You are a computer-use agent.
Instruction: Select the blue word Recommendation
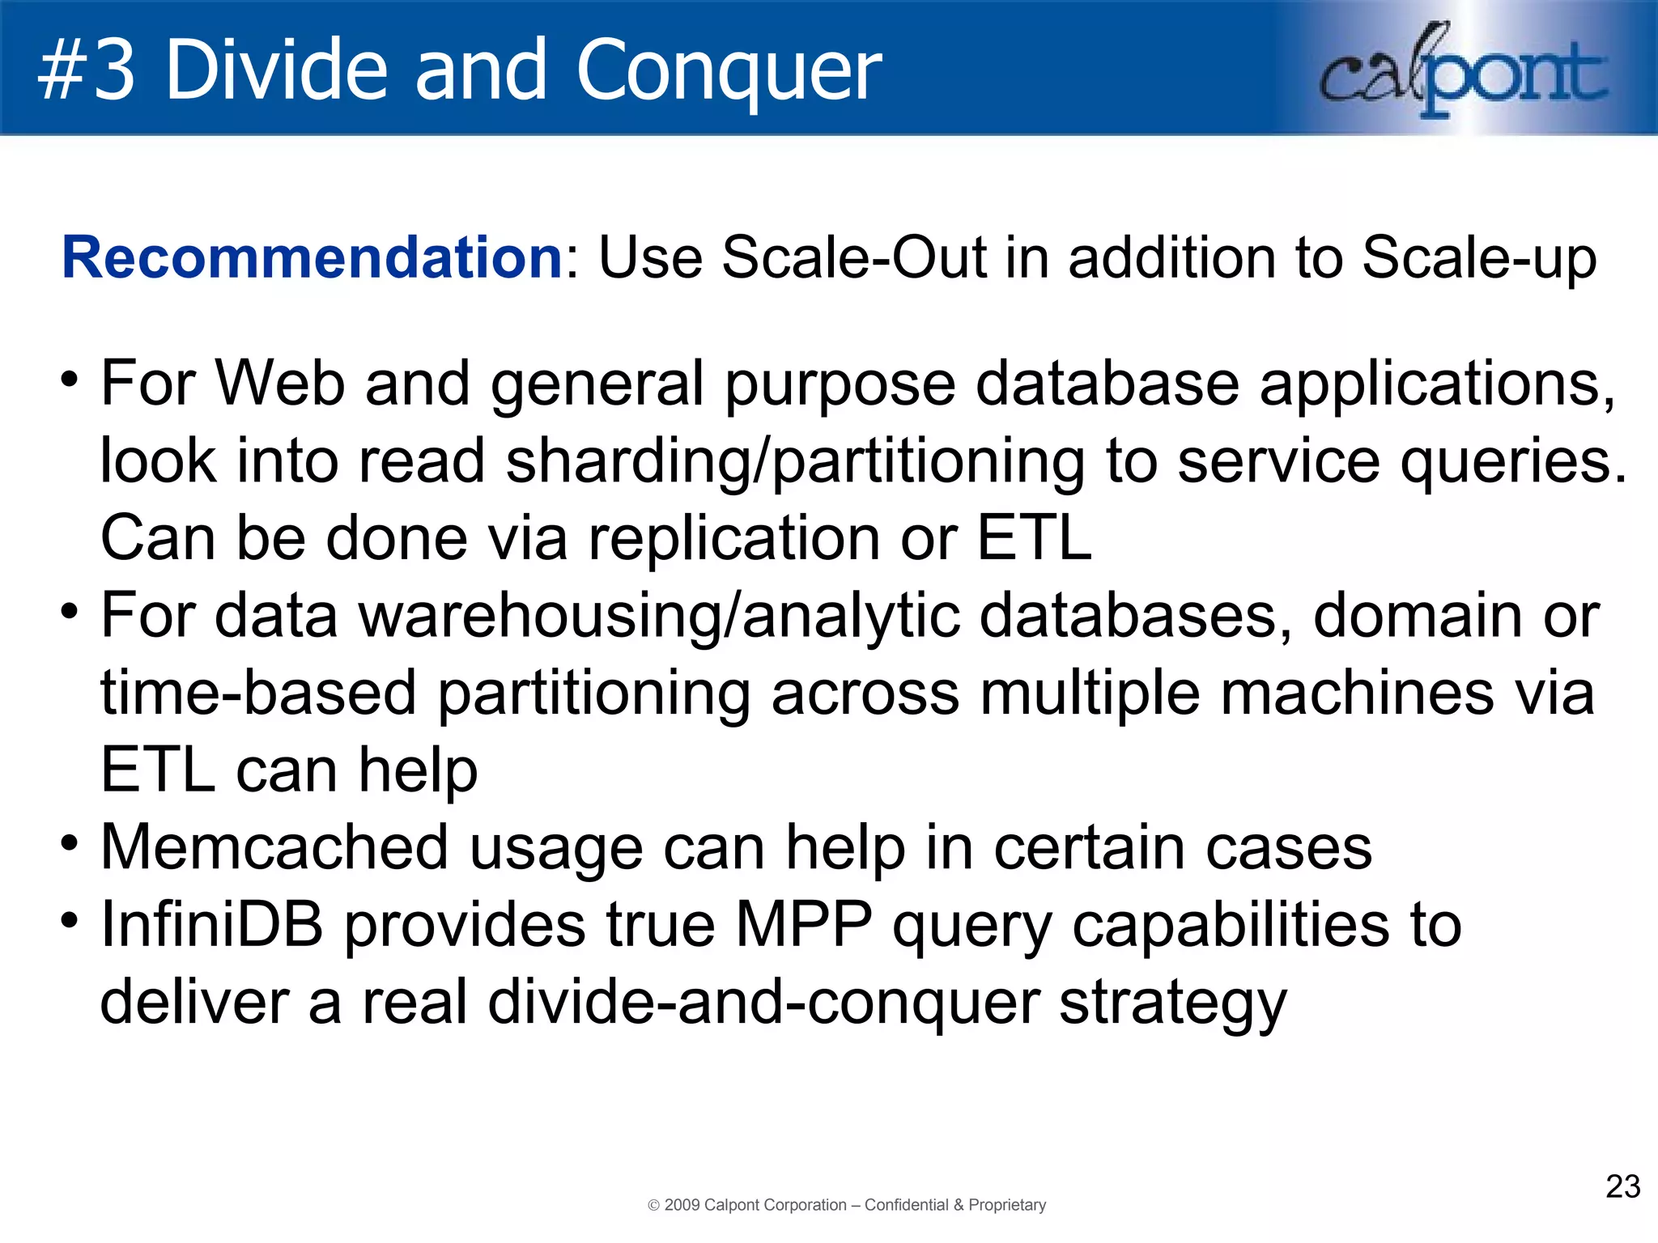[312, 258]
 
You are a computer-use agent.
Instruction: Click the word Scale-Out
[852, 258]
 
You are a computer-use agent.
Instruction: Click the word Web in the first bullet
[280, 383]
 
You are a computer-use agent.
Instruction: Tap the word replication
[733, 538]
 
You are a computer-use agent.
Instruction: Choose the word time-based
[258, 694]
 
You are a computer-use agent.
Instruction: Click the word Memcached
[274, 847]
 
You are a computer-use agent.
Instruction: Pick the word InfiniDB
[211, 925]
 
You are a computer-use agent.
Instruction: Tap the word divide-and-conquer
[763, 1003]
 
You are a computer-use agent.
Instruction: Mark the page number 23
[1622, 1186]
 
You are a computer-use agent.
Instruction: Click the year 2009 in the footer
[682, 1205]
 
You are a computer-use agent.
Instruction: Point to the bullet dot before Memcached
[70, 842]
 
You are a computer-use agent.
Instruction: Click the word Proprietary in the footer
[1007, 1205]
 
